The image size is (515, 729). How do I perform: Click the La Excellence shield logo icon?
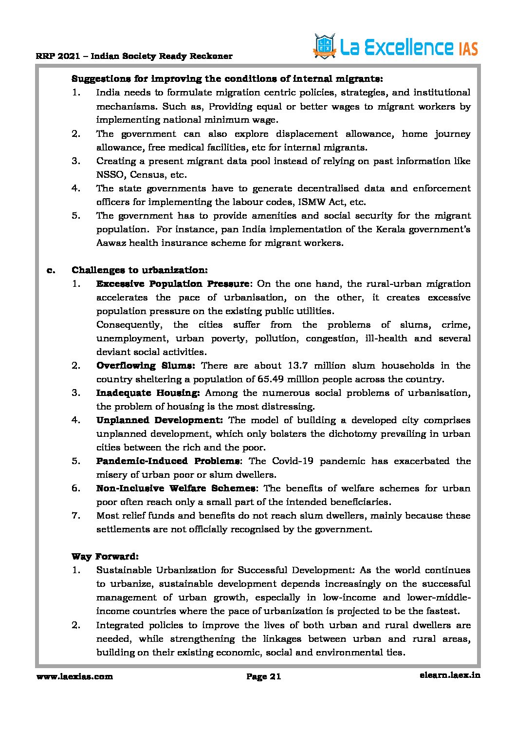(325, 47)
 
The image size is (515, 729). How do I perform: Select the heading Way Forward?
(105, 557)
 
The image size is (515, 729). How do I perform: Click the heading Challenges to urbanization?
(140, 270)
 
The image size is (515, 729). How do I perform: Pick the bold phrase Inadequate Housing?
(148, 393)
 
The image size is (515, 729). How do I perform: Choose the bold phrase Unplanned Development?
(159, 420)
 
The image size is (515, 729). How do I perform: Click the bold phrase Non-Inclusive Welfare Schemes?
(176, 488)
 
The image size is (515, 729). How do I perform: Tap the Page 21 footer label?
(264, 676)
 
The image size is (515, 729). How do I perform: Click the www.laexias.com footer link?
(74, 676)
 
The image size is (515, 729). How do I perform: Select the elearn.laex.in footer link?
(449, 675)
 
